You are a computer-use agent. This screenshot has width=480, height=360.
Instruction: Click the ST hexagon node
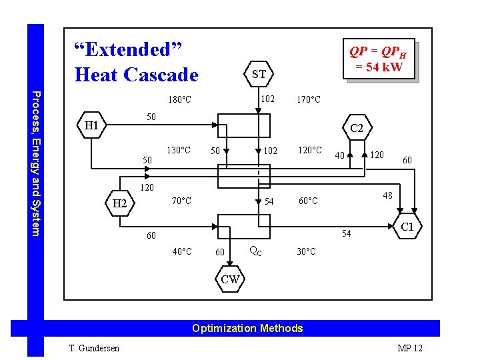pos(259,74)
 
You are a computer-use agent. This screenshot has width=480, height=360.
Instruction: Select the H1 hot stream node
pos(91,125)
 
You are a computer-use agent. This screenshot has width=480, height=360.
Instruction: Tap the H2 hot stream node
pos(120,203)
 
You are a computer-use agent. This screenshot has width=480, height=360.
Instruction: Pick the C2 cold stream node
pos(357,128)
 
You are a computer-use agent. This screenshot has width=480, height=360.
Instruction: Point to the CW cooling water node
pos(230,279)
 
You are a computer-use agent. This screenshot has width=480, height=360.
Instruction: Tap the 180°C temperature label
pos(179,100)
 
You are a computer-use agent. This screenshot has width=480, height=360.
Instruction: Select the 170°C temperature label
pos(308,100)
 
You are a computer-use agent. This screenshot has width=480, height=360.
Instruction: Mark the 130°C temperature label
pos(179,150)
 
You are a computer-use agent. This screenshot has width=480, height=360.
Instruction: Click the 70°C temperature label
pos(181,200)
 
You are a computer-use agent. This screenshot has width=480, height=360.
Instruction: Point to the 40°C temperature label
pos(181,251)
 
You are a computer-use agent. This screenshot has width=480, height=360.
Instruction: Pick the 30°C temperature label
pos(307,251)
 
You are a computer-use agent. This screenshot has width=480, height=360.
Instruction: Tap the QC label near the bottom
pos(255,251)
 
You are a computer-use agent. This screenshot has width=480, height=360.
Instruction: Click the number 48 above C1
pos(387,196)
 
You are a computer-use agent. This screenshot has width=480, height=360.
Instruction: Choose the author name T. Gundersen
pos(93,348)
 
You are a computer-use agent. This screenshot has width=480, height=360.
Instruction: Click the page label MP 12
pos(410,348)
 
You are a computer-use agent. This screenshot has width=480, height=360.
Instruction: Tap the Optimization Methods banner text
pos(247,328)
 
